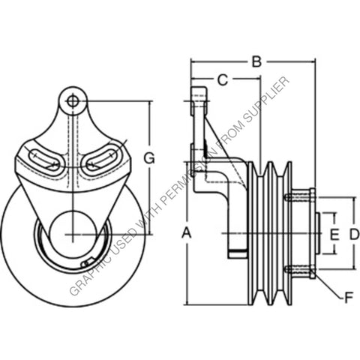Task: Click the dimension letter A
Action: [x=187, y=234]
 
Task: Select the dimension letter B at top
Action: [x=256, y=62]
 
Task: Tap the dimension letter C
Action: [x=223, y=79]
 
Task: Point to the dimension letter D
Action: [x=354, y=234]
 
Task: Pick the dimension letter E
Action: [x=334, y=234]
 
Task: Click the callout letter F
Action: [x=347, y=298]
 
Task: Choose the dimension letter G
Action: [x=149, y=157]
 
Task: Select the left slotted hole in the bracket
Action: [x=45, y=160]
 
